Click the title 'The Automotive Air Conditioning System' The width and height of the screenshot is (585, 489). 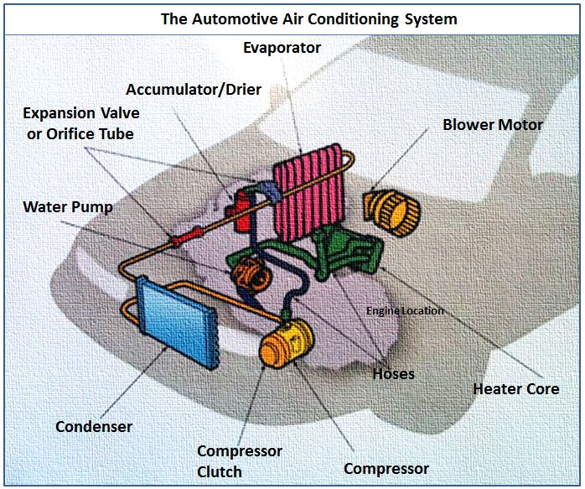[x=292, y=17]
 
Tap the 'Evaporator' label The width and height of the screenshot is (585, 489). [x=282, y=49]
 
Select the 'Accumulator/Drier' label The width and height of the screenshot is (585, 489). [x=194, y=89]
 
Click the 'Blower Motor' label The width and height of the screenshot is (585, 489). [x=492, y=125]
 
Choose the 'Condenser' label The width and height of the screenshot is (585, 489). [x=94, y=427]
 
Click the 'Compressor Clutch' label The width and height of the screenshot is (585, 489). [x=239, y=461]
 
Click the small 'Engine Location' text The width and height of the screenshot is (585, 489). [x=405, y=311]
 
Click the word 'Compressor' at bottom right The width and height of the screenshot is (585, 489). [x=386, y=469]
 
